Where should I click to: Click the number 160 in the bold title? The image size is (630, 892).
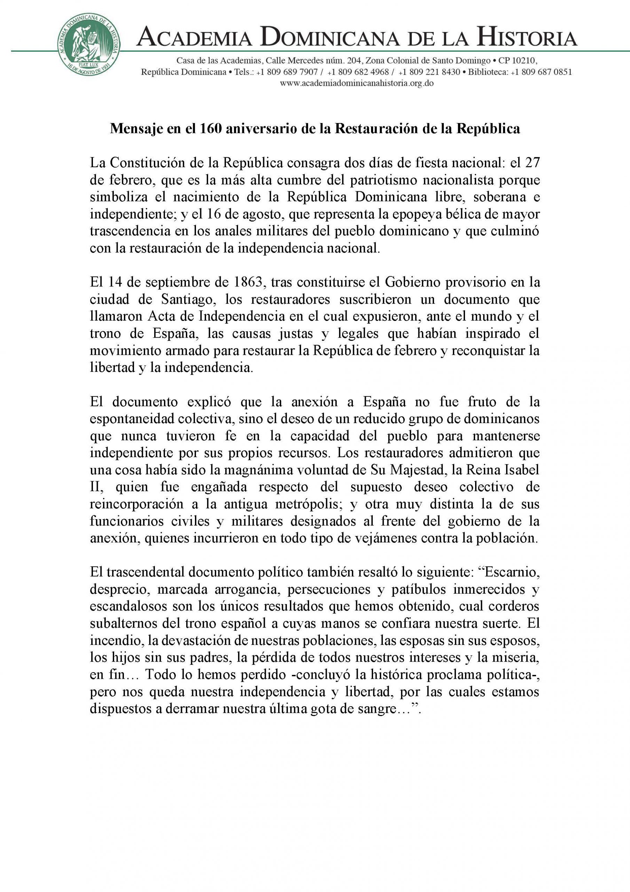click(210, 129)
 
